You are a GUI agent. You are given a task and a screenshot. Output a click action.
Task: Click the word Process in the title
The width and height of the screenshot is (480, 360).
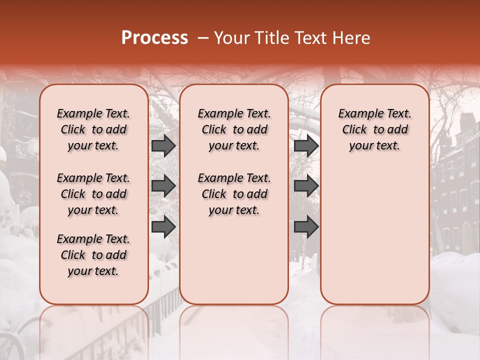click(x=154, y=38)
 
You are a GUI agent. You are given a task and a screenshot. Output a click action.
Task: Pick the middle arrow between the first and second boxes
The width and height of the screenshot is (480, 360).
click(x=163, y=186)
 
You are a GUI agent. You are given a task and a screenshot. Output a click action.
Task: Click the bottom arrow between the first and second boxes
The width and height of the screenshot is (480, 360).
click(x=163, y=226)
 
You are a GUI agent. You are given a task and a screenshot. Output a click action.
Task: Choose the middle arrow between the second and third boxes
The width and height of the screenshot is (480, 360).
click(x=306, y=186)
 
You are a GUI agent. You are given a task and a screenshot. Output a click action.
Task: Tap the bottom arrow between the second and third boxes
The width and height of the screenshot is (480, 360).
click(x=306, y=226)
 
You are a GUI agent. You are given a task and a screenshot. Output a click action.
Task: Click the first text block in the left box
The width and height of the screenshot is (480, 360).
click(x=93, y=129)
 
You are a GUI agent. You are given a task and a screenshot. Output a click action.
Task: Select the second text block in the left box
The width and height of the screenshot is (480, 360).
click(x=93, y=194)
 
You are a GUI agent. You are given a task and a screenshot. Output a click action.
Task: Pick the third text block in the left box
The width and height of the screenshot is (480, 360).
click(x=93, y=255)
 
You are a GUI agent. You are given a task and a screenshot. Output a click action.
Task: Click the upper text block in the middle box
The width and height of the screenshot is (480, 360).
click(x=234, y=129)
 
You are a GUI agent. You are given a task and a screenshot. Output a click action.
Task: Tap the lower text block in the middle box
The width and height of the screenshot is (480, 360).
click(x=234, y=194)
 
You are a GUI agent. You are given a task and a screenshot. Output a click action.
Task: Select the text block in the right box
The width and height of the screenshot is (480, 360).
click(x=374, y=129)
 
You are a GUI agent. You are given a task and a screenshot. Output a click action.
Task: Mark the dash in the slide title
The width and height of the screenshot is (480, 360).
click(x=202, y=38)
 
